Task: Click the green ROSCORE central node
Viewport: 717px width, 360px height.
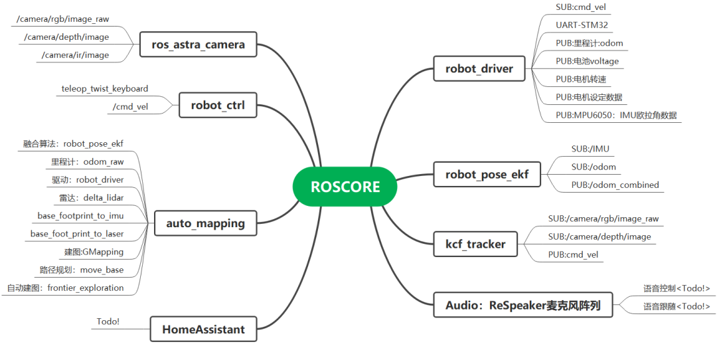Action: [345, 187]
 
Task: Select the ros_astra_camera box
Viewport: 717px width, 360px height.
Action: [199, 45]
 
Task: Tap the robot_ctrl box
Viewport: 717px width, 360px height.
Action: [218, 105]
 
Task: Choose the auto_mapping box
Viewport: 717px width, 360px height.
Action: [205, 224]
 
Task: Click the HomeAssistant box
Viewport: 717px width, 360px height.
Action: [203, 329]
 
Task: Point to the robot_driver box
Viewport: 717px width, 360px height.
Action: [479, 68]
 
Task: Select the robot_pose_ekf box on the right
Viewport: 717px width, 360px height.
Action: [487, 175]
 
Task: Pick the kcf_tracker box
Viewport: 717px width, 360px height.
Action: [475, 244]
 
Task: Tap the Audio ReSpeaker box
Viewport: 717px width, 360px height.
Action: [522, 306]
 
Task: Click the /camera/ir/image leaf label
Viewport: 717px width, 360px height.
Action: [75, 55]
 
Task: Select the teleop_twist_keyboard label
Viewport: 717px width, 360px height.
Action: [104, 88]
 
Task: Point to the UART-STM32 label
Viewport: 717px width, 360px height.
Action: [582, 25]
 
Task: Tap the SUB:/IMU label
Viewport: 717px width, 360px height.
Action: [590, 149]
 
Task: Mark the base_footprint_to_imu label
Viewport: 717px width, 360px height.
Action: [80, 216]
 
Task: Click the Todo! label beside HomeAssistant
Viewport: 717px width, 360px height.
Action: [108, 321]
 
